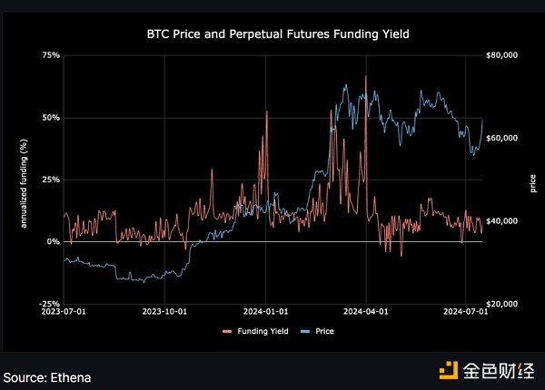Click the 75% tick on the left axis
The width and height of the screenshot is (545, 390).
pyautogui.click(x=51, y=55)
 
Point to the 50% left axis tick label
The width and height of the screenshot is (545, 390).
pyautogui.click(x=51, y=118)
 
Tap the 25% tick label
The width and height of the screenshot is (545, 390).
pyautogui.click(x=51, y=180)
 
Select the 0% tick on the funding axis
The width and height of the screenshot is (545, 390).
pyautogui.click(x=54, y=242)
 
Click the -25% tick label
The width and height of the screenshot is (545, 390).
pyautogui.click(x=50, y=304)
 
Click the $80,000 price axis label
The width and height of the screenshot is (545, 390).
pyautogui.click(x=501, y=55)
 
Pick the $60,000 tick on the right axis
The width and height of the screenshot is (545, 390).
pyautogui.click(x=501, y=138)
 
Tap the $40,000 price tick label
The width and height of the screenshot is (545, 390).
pyautogui.click(x=501, y=221)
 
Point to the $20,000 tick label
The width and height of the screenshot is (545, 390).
pyautogui.click(x=501, y=304)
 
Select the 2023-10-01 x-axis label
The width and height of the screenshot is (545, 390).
pyautogui.click(x=164, y=312)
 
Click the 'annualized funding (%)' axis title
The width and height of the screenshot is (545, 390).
pyautogui.click(x=25, y=180)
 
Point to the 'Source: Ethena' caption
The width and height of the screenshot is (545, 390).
pyautogui.click(x=47, y=375)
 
